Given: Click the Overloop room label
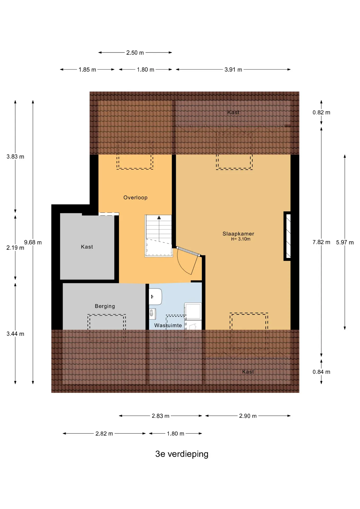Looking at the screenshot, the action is (x=135, y=198).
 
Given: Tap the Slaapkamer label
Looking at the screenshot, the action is (x=238, y=234).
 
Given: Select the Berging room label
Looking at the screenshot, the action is (x=105, y=306).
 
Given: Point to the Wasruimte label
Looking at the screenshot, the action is (x=168, y=325).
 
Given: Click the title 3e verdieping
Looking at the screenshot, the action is (x=182, y=454).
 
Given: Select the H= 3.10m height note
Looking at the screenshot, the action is (x=241, y=239).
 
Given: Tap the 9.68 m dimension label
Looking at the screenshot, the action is (x=33, y=242).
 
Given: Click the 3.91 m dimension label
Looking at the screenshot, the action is (x=233, y=69).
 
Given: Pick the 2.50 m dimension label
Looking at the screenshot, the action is (x=135, y=53).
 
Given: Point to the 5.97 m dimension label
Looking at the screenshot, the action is (x=345, y=242).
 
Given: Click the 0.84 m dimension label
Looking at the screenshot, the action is (x=321, y=372).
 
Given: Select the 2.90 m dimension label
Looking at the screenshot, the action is (x=248, y=416).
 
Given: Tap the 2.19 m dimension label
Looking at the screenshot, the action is (x=15, y=248).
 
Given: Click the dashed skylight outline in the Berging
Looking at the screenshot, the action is (x=107, y=328).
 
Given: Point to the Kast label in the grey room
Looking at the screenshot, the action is (x=87, y=247).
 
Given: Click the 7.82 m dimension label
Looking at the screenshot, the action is (x=321, y=242).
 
